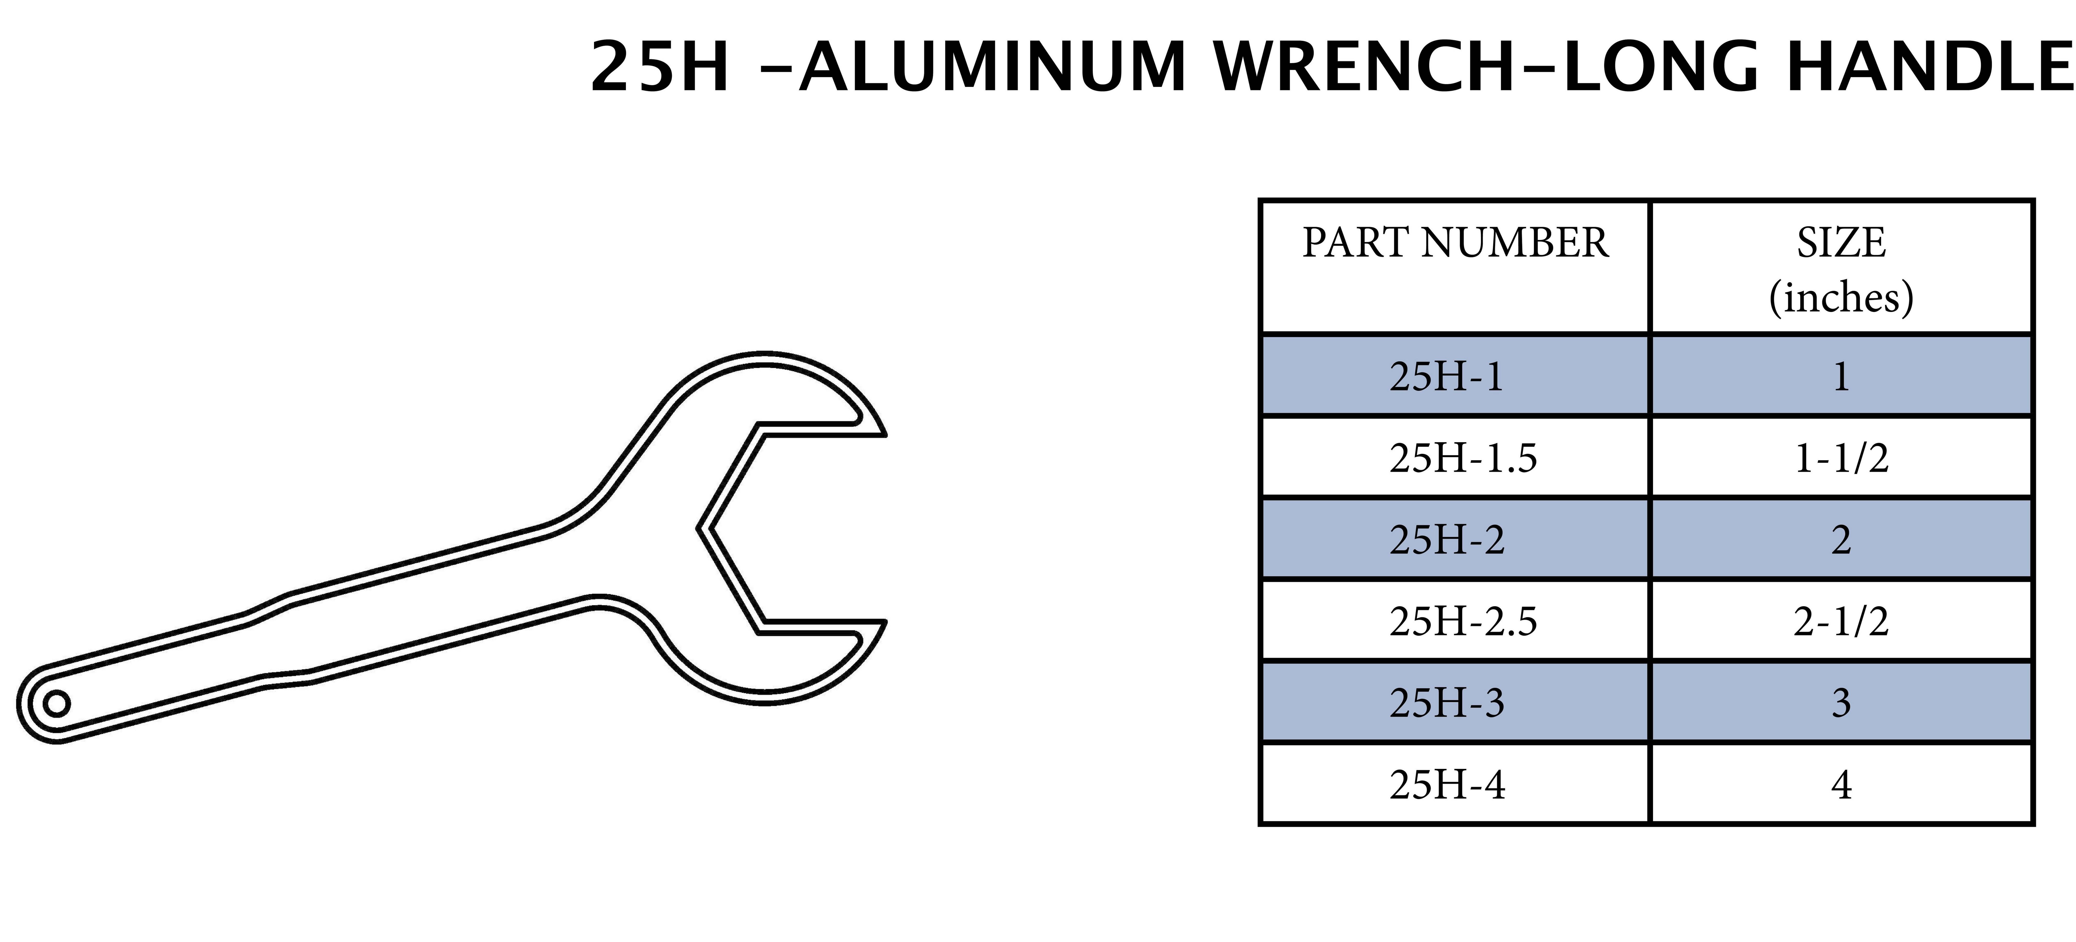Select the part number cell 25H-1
1447,376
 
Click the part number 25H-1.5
1463,458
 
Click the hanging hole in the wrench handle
56,704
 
